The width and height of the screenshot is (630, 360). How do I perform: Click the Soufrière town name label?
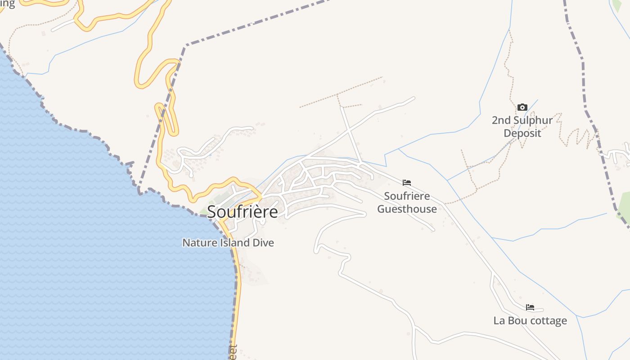[x=243, y=211]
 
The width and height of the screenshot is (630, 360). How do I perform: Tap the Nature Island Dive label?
[x=228, y=243]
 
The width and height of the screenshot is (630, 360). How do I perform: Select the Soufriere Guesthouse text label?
[x=407, y=202]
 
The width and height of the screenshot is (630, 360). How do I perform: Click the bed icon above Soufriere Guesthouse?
[x=407, y=183]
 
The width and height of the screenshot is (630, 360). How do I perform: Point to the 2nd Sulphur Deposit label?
[x=522, y=127]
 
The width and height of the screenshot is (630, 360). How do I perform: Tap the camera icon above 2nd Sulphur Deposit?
[x=522, y=107]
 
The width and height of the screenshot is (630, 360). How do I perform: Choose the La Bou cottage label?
[x=530, y=321]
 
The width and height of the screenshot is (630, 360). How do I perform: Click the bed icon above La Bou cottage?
[x=530, y=307]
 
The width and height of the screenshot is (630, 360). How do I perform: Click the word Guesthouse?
[x=407, y=209]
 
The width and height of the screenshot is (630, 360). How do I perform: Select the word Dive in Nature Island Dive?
[x=262, y=243]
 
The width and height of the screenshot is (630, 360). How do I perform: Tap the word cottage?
[x=548, y=321]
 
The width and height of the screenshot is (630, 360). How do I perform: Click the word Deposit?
[x=522, y=133]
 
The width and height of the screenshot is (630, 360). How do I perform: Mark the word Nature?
[x=197, y=243]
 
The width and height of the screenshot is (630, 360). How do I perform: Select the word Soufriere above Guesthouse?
[x=407, y=196]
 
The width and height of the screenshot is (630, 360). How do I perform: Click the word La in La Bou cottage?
[x=499, y=321]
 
